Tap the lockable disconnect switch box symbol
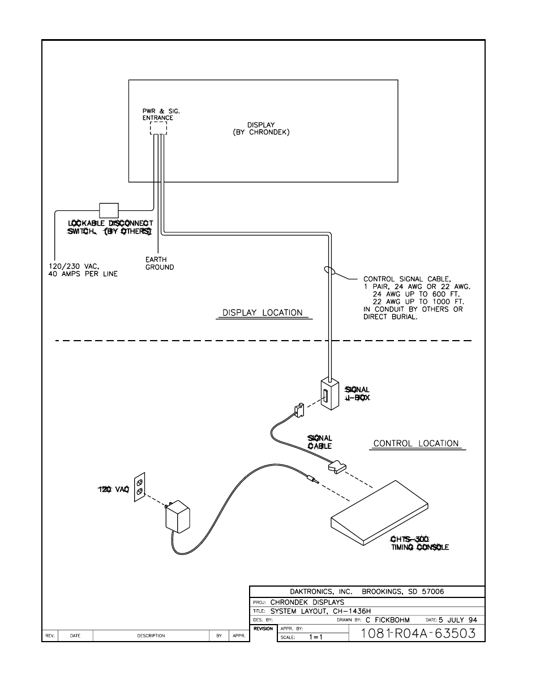pos(108,210)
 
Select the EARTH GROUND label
pos(159,264)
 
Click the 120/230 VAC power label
pos(82,270)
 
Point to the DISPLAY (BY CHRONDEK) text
pos(261,129)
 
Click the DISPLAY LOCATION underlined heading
pos(263,313)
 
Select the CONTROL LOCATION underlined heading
pos(416,444)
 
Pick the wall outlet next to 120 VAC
pos(139,487)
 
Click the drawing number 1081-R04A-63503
pos(418,633)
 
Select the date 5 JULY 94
pos(458,620)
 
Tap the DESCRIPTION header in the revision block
pos(151,636)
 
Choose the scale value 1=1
pos(315,637)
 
